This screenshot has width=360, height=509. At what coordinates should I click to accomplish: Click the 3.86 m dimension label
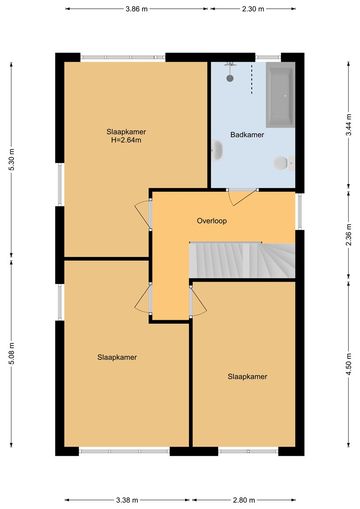pyautogui.click(x=136, y=9)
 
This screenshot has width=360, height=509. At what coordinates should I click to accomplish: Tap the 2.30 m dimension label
pyautogui.click(x=253, y=9)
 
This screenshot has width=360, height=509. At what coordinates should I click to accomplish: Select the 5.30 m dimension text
pyautogui.click(x=12, y=159)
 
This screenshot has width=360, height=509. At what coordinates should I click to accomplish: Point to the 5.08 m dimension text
pyautogui.click(x=12, y=353)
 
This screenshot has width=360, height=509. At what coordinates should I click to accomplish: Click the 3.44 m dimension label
pyautogui.click(x=349, y=125)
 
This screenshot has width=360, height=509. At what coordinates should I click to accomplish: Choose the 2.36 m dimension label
pyautogui.click(x=349, y=234)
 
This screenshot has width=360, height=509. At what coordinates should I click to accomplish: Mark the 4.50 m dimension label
pyautogui.click(x=349, y=364)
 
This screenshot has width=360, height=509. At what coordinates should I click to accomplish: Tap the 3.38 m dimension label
pyautogui.click(x=127, y=500)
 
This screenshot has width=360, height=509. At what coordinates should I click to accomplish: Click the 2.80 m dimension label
pyautogui.click(x=244, y=500)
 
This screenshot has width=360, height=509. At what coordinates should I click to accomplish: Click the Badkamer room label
pyautogui.click(x=247, y=135)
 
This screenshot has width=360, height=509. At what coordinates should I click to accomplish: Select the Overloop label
pyautogui.click(x=212, y=221)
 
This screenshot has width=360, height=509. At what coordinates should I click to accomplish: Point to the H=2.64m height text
pyautogui.click(x=126, y=140)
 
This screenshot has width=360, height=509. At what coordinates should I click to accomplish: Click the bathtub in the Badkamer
pyautogui.click(x=281, y=95)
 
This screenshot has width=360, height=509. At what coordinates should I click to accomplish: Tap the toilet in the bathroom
pyautogui.click(x=283, y=163)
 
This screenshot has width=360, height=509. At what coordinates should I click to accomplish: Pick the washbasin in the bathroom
pyautogui.click(x=217, y=150)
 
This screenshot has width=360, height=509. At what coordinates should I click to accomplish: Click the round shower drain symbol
pyautogui.click(x=230, y=78)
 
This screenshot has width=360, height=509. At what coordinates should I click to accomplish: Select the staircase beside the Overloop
pyautogui.click(x=242, y=260)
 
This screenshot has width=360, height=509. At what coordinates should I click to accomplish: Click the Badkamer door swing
pyautogui.click(x=242, y=197)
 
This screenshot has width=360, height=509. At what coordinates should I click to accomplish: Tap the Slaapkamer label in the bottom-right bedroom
pyautogui.click(x=247, y=376)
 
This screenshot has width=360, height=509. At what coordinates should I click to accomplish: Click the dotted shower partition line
pyautogui.click(x=252, y=78)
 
